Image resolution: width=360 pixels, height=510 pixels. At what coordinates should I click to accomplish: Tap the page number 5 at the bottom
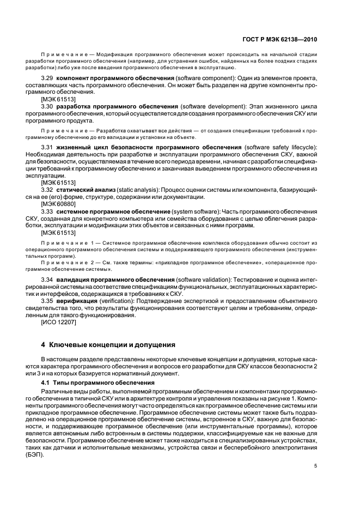[x=316, y=466]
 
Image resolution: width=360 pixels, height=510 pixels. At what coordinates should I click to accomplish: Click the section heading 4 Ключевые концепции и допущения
[x=108, y=345]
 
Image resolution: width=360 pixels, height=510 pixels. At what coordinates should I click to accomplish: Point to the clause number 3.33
[x=48, y=210]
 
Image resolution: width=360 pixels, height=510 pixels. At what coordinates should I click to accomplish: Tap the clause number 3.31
[x=48, y=147]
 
